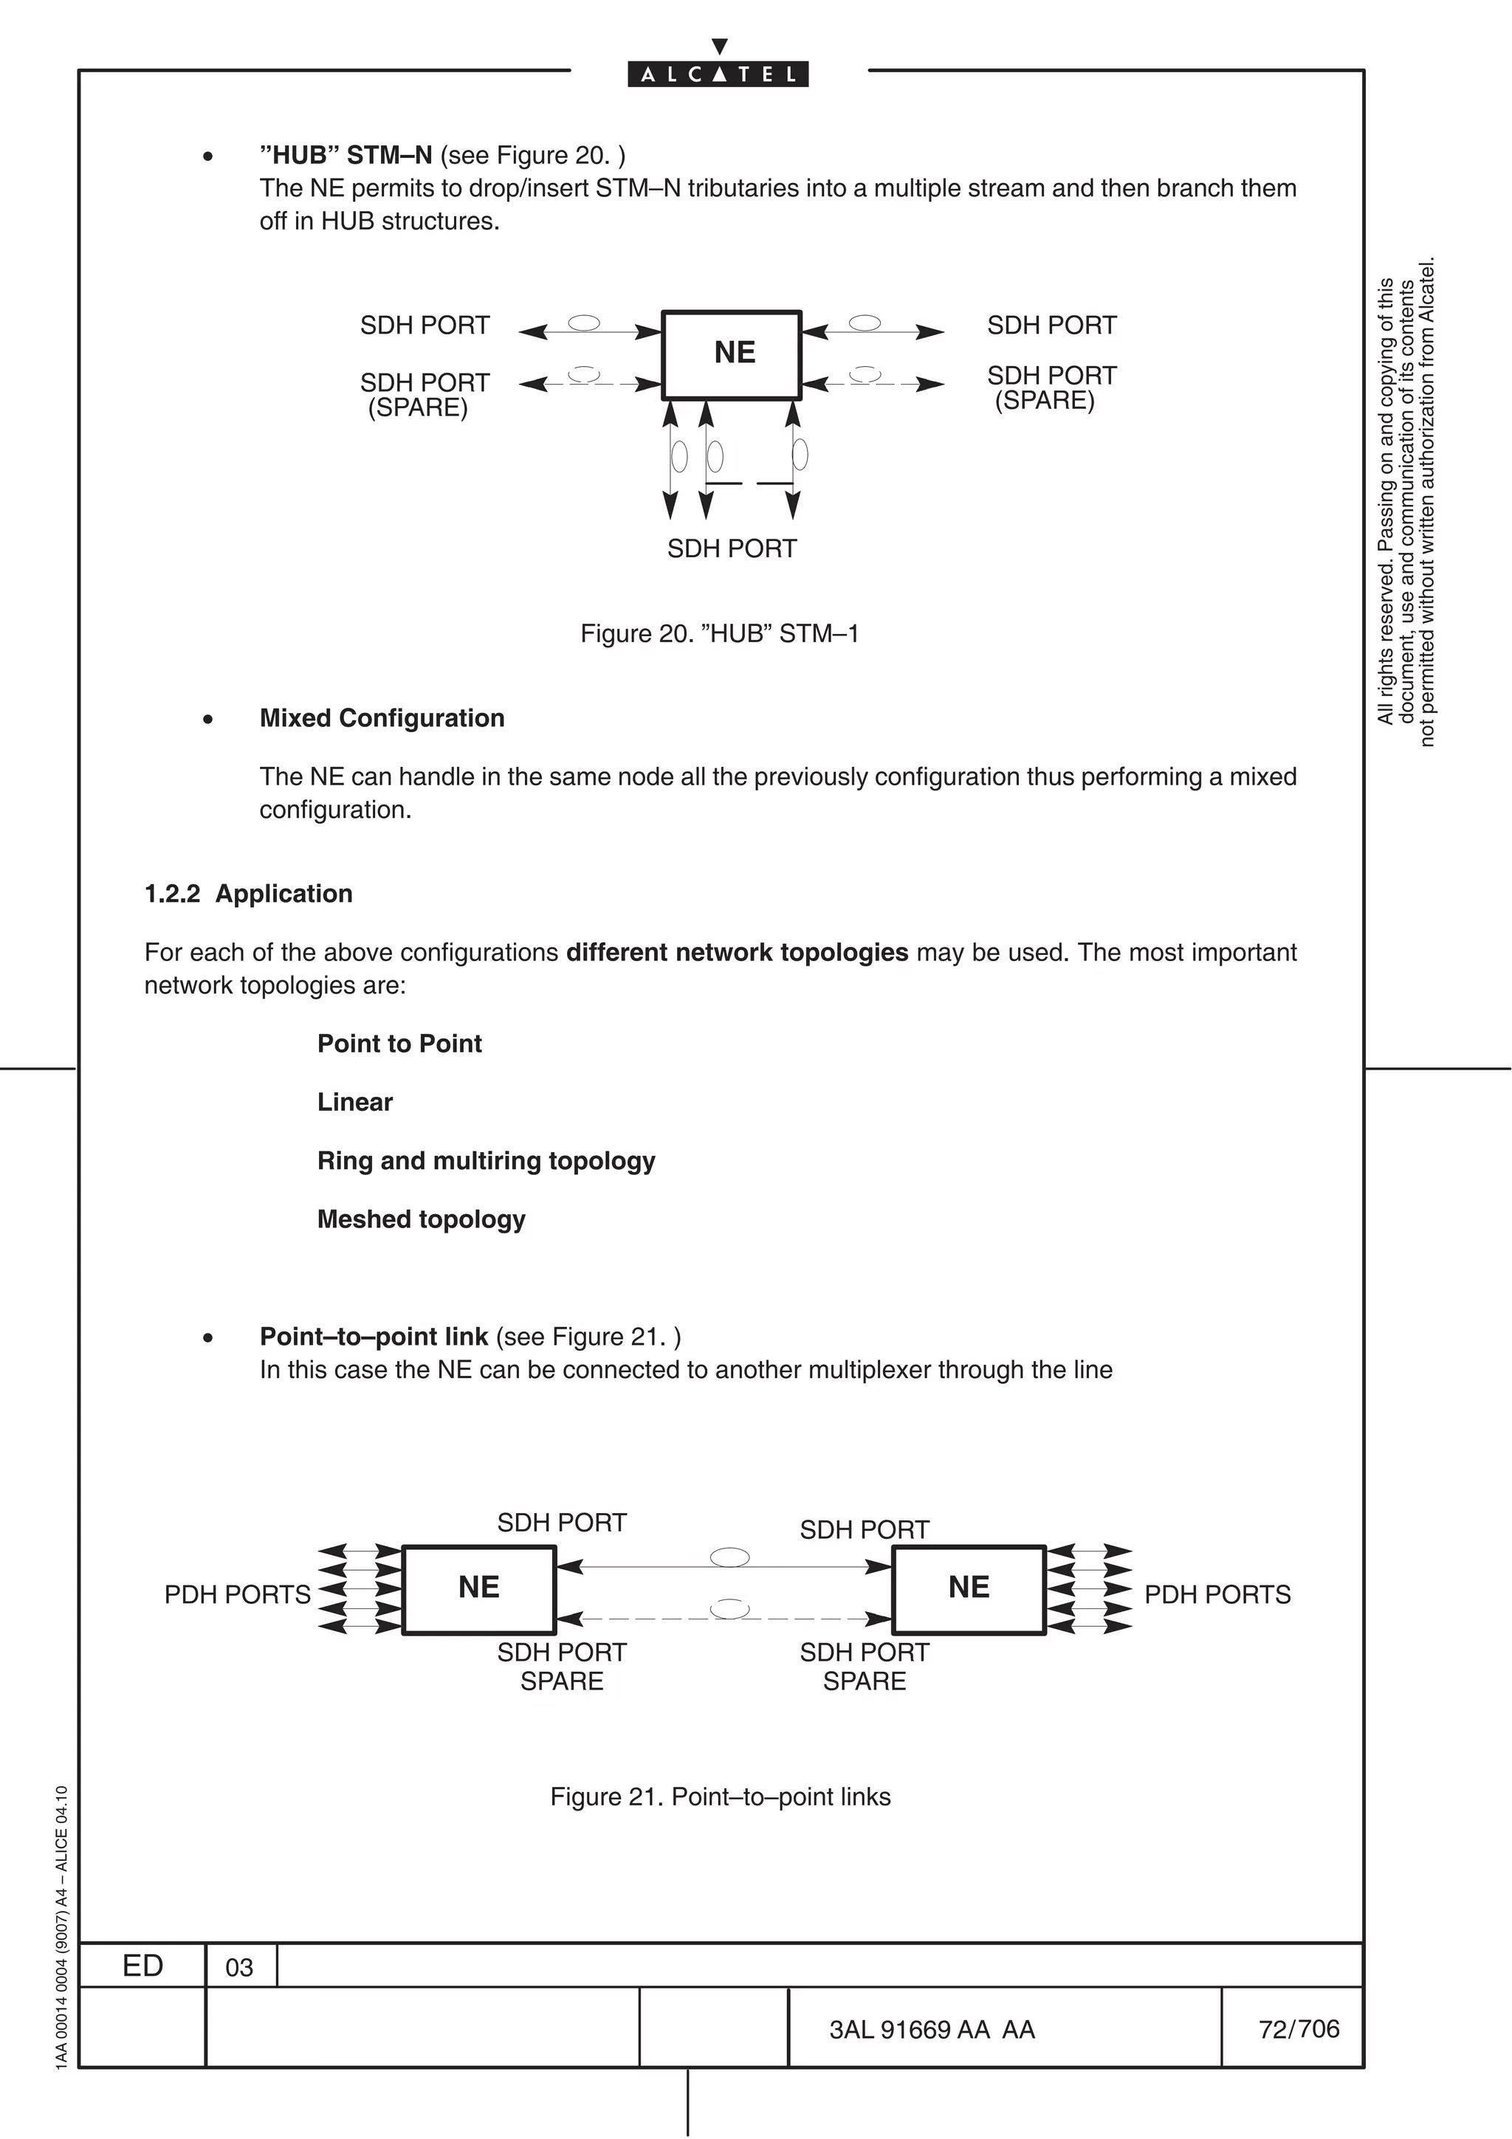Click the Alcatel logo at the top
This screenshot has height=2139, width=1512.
pyautogui.click(x=718, y=74)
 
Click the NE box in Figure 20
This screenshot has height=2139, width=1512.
pyautogui.click(x=732, y=354)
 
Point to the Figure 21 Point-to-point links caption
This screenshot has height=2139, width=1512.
pyautogui.click(x=720, y=1797)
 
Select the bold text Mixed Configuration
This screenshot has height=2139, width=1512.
pyautogui.click(x=382, y=717)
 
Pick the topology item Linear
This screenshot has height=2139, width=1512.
pyautogui.click(x=355, y=1102)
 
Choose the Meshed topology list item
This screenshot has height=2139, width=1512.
pyautogui.click(x=421, y=1219)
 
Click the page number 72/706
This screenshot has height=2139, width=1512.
pyautogui.click(x=1299, y=2029)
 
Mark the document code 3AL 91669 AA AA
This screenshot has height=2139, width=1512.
pyautogui.click(x=932, y=2030)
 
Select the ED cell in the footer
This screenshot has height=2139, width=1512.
pyautogui.click(x=142, y=1966)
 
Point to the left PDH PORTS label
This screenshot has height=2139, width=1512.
pyautogui.click(x=238, y=1595)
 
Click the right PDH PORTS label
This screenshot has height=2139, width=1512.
pyautogui.click(x=1217, y=1595)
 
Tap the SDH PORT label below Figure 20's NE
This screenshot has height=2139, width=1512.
pyautogui.click(x=732, y=548)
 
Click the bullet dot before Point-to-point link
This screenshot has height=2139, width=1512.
pyautogui.click(x=207, y=1338)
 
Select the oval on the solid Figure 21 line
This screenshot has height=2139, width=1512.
pyautogui.click(x=729, y=1557)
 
